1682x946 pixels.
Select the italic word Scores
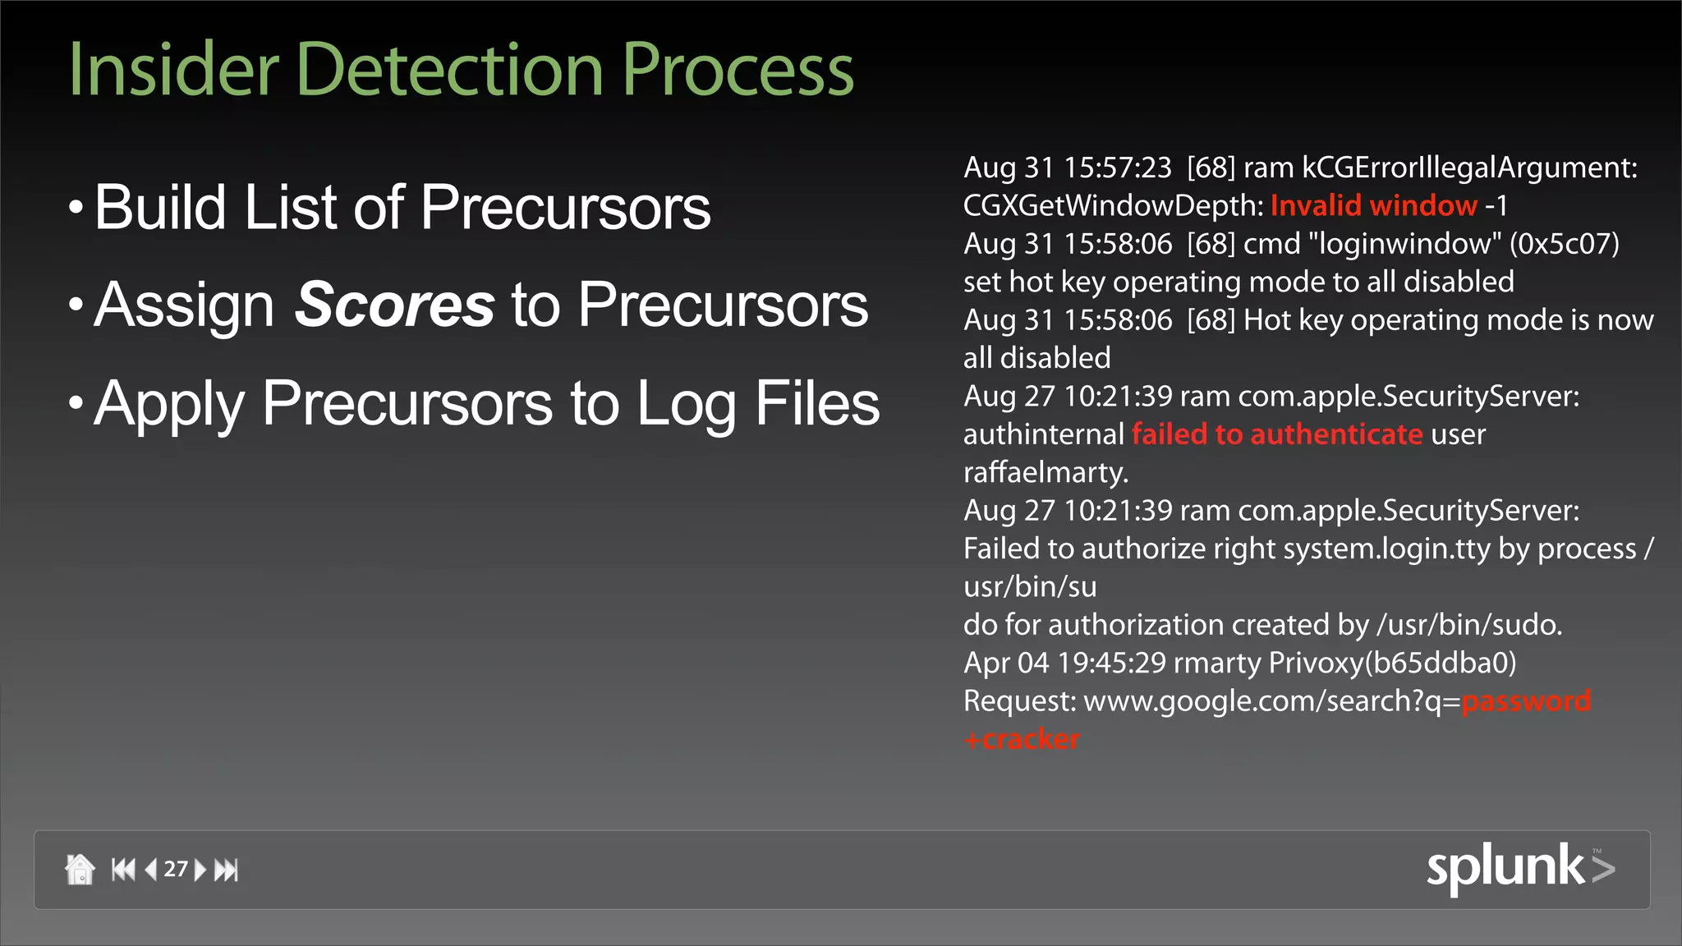(394, 305)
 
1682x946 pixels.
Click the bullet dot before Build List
(76, 207)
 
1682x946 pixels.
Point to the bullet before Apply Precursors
(76, 403)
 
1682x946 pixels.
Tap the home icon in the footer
(80, 869)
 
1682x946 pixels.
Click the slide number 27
(176, 869)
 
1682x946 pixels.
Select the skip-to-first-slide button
(123, 869)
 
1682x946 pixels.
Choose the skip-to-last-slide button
(226, 869)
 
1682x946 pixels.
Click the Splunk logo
(1519, 867)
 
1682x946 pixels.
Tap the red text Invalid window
(1373, 205)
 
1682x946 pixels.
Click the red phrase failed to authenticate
(1277, 434)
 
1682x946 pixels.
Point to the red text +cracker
(1022, 739)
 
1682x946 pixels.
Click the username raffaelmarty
(1046, 472)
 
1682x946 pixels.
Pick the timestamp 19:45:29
(1111, 663)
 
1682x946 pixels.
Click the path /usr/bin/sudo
(1468, 625)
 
